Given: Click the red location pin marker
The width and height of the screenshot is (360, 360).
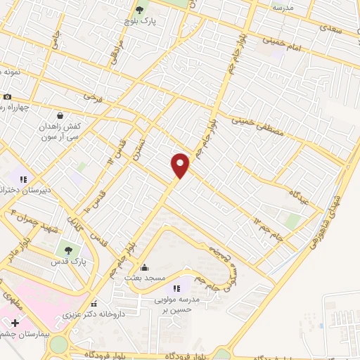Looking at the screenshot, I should point(180,165).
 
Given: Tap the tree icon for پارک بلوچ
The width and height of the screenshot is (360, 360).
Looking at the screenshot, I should point(139,10).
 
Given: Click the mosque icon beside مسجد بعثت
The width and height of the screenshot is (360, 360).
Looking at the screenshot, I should point(145,267).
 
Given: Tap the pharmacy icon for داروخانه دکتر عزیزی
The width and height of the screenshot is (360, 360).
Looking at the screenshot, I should point(94,304).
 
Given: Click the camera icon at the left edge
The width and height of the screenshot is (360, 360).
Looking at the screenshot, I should point(7,96).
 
